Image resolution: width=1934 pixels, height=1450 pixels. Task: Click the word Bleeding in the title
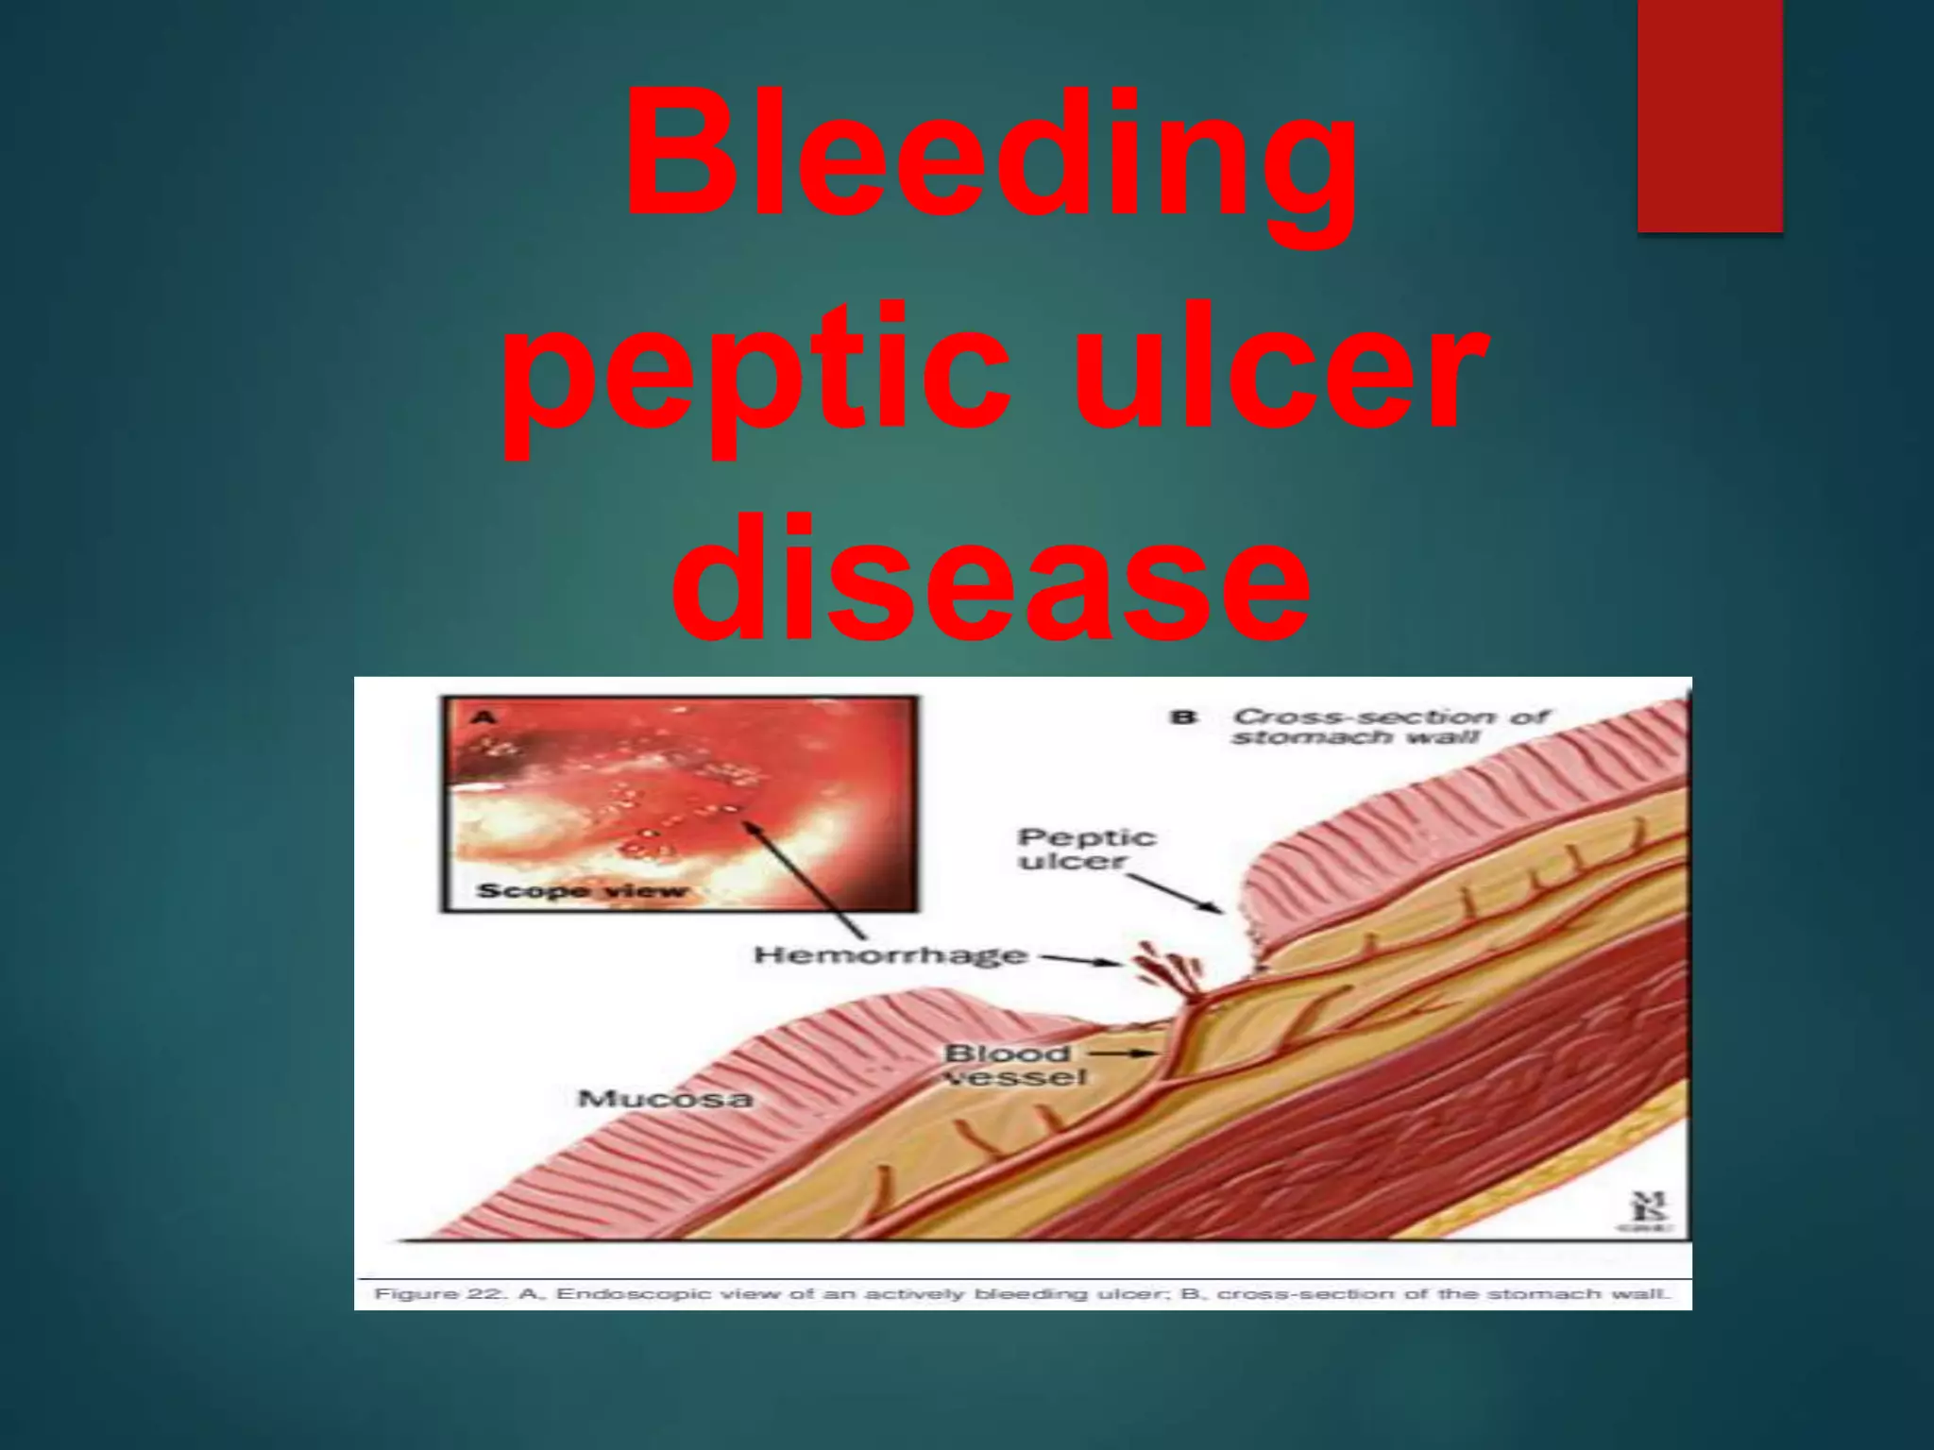992,156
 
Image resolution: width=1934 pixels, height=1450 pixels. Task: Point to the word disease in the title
992,581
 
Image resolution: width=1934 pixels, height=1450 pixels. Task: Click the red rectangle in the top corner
1709,113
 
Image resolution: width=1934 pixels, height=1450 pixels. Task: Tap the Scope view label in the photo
582,890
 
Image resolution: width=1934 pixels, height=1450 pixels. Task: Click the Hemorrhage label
890,955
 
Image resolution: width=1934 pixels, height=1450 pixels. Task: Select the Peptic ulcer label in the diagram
1086,849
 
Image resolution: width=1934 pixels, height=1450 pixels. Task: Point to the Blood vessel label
1015,1065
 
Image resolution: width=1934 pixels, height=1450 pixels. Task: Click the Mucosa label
665,1099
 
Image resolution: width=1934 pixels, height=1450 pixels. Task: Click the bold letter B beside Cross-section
1184,717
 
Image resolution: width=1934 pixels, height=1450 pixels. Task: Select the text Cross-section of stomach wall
1388,726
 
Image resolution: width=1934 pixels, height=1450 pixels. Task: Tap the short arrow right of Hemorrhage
1081,960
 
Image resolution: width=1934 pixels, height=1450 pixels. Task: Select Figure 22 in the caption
440,1293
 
